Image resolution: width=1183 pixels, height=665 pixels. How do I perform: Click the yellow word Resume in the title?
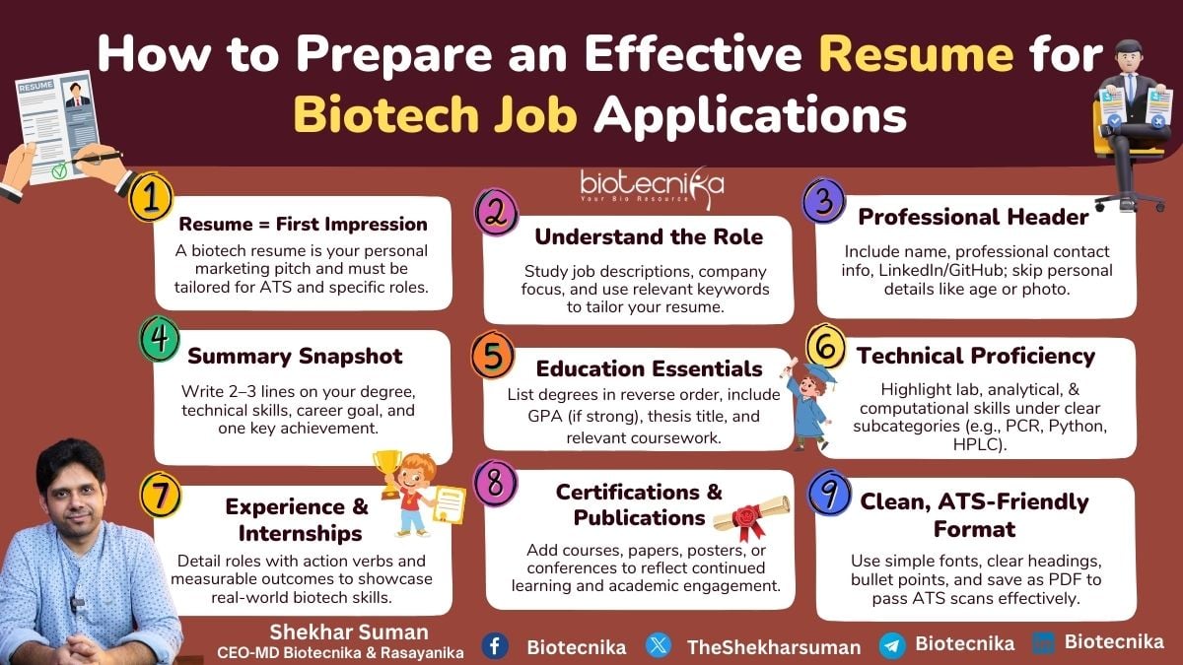tap(916, 54)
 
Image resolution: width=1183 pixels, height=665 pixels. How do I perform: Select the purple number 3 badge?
tap(824, 201)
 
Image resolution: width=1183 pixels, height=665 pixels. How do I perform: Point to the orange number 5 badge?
tap(492, 355)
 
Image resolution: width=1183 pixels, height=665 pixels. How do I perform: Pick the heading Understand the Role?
tap(649, 236)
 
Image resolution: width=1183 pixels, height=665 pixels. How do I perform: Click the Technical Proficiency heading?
tap(976, 356)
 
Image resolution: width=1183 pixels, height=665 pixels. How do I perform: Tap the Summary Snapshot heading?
tap(295, 356)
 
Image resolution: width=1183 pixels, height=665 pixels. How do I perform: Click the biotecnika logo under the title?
tap(653, 187)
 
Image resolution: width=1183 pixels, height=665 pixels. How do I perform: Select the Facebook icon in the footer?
tap(495, 645)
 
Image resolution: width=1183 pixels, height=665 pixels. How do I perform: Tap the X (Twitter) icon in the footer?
tap(659, 645)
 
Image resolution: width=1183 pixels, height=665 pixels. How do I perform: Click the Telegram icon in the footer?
tap(892, 645)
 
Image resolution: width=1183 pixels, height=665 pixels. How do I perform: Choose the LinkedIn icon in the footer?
tap(1044, 643)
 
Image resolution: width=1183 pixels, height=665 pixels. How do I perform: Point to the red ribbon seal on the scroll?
tap(745, 520)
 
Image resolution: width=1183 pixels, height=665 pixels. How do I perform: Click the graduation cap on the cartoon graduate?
tap(818, 374)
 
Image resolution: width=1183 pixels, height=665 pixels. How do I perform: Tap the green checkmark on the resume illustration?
tap(59, 169)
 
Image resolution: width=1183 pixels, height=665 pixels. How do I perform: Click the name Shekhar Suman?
tap(349, 632)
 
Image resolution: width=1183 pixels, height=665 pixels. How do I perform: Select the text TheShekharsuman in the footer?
tap(774, 647)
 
